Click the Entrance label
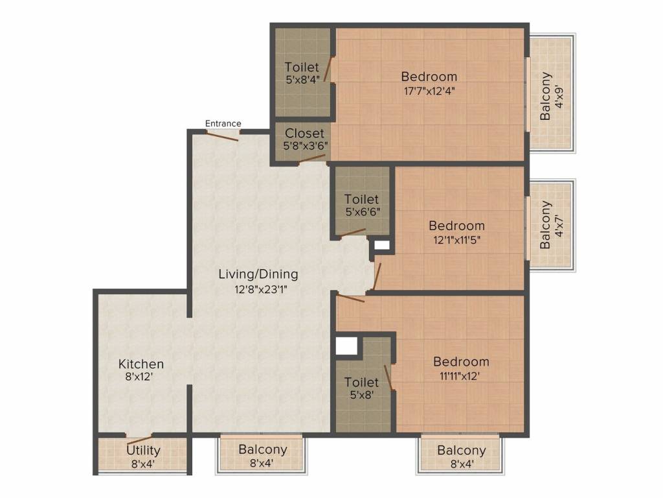pyautogui.click(x=223, y=123)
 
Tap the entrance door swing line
pyautogui.click(x=222, y=136)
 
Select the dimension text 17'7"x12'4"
pyautogui.click(x=429, y=91)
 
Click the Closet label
pyautogui.click(x=304, y=133)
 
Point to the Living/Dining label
pyautogui.click(x=258, y=274)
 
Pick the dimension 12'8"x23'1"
pyautogui.click(x=258, y=290)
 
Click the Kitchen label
pyautogui.click(x=140, y=364)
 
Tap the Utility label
pyautogui.click(x=143, y=450)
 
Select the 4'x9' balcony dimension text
pyautogui.click(x=560, y=97)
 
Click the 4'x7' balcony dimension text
pyautogui.click(x=560, y=225)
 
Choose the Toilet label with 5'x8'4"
pyautogui.click(x=302, y=67)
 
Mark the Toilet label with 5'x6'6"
pyautogui.click(x=361, y=199)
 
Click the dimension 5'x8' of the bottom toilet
pyautogui.click(x=362, y=395)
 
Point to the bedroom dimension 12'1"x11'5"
pyautogui.click(x=456, y=240)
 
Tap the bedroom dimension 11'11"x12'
pyautogui.click(x=461, y=375)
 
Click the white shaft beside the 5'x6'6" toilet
pyautogui.click(x=382, y=245)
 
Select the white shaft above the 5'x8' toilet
pyautogui.click(x=346, y=346)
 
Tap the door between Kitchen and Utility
pyautogui.click(x=139, y=439)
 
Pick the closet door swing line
pyautogui.click(x=311, y=159)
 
